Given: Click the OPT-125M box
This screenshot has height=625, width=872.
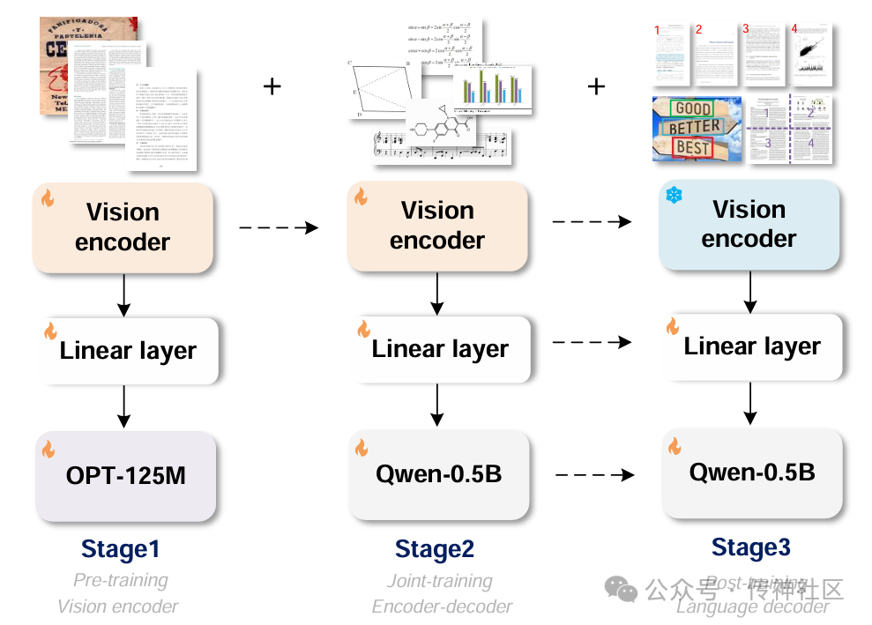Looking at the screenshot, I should [125, 475].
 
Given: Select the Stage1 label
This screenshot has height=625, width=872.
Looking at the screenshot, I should [121, 549].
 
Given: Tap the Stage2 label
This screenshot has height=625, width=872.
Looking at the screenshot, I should [435, 549].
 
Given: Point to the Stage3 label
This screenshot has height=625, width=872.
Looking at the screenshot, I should [750, 547].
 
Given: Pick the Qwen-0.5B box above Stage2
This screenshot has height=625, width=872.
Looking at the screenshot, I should [438, 474].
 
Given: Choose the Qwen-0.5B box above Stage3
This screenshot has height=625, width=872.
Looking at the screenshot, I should [752, 472].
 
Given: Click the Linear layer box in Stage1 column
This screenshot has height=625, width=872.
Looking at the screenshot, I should [128, 351].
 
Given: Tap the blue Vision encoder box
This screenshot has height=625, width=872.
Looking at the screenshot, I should [749, 224].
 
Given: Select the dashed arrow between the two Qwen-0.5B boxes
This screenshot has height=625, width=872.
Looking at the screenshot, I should [595, 475].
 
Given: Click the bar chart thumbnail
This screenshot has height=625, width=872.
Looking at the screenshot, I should [492, 88].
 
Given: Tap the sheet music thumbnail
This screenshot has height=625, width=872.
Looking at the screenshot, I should [441, 146].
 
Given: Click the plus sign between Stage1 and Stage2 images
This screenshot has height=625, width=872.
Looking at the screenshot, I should [272, 86].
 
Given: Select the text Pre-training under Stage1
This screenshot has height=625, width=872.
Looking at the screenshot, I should [121, 581].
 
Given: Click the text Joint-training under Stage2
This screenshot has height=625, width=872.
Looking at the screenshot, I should [439, 581].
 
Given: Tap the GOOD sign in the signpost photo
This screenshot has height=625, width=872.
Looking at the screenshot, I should [694, 109].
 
